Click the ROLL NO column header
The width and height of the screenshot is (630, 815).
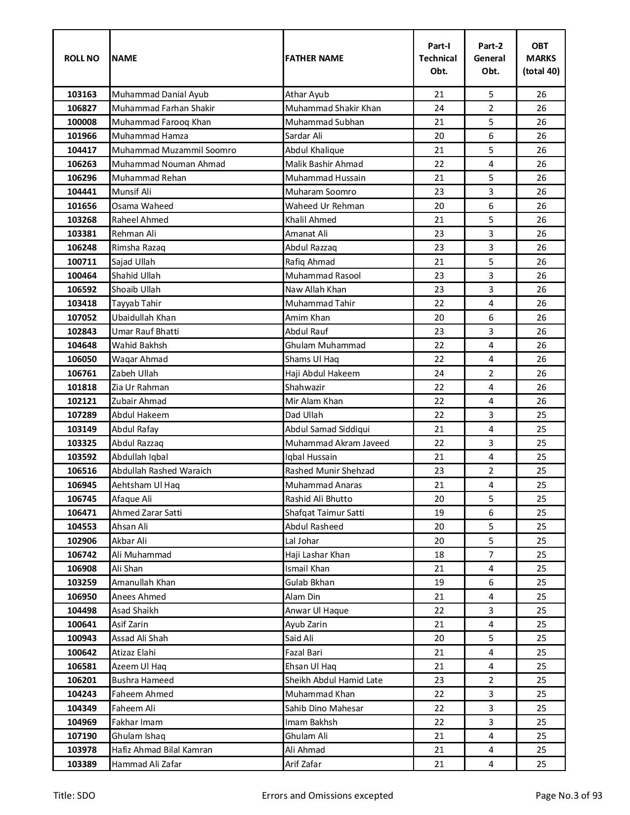(82, 58)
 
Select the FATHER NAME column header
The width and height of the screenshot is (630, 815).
(314, 58)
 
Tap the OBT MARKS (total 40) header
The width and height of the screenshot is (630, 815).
(541, 58)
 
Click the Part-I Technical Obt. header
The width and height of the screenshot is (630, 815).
(438, 58)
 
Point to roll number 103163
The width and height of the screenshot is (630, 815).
(82, 94)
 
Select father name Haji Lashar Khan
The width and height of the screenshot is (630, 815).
(317, 555)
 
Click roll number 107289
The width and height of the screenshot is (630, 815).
(82, 415)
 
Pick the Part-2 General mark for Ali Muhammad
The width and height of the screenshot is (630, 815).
(491, 555)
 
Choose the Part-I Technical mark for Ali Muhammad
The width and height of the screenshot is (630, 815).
(439, 555)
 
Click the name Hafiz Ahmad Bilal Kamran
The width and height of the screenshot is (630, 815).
(162, 750)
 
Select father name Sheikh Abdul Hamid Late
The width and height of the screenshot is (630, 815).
(334, 680)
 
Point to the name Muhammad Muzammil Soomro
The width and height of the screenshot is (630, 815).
(173, 150)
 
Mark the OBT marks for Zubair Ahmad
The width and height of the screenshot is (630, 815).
(541, 401)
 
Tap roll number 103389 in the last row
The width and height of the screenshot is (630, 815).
(82, 764)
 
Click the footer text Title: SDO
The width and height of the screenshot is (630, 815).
(74, 796)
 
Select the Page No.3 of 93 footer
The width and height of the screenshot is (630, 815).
(569, 796)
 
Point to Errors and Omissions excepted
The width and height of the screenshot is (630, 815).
(327, 796)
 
